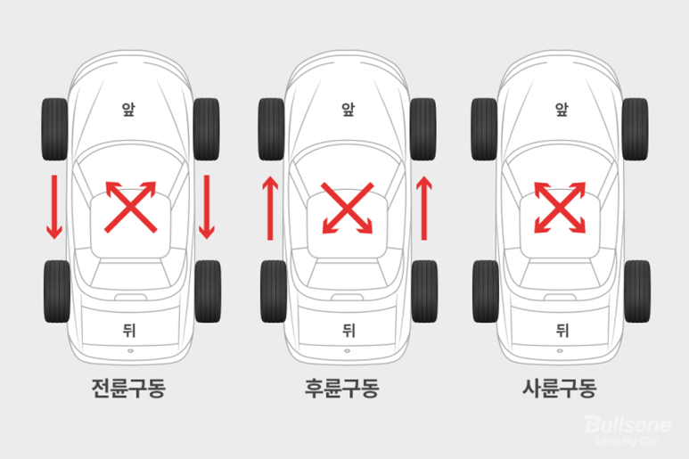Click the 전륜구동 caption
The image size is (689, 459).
pyautogui.click(x=128, y=389)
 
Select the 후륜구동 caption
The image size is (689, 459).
pyautogui.click(x=343, y=389)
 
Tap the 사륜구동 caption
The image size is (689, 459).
pyautogui.click(x=559, y=389)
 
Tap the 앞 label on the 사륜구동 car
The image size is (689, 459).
pyautogui.click(x=562, y=109)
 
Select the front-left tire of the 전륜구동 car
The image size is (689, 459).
pyautogui.click(x=55, y=128)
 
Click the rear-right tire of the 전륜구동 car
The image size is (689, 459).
pyautogui.click(x=207, y=291)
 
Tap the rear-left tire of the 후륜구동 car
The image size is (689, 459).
pyautogui.click(x=271, y=291)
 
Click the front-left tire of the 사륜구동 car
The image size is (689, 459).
pyautogui.click(x=484, y=128)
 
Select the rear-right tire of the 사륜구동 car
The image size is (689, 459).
pyautogui.click(x=636, y=291)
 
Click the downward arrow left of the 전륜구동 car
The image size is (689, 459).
pyautogui.click(x=55, y=207)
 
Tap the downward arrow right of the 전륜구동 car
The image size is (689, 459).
pyautogui.click(x=207, y=207)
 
